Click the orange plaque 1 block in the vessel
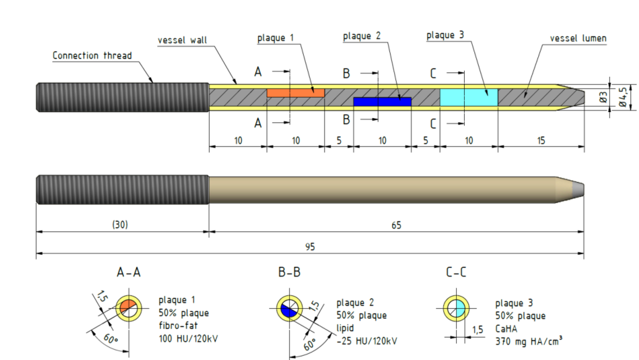[x=295, y=93]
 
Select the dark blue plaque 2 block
[x=382, y=101]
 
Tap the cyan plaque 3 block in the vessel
[x=469, y=97]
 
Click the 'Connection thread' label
[x=92, y=56]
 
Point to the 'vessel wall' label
[x=182, y=40]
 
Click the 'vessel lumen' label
[x=578, y=39]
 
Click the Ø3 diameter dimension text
[x=603, y=97]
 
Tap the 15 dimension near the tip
[x=540, y=141]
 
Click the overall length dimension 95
[x=310, y=247]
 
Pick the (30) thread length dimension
[x=120, y=225]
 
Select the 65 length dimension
[x=396, y=225]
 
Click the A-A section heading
[x=128, y=273]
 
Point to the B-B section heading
[x=289, y=273]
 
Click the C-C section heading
[x=456, y=273]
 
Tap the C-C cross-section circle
[x=456, y=308]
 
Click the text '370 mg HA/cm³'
[x=529, y=340]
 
